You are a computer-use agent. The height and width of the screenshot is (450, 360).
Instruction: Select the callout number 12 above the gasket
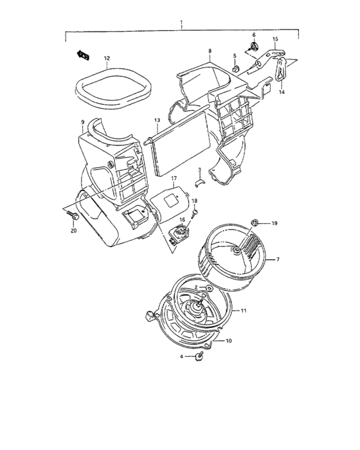click(107, 58)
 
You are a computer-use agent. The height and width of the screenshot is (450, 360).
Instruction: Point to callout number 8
click(210, 50)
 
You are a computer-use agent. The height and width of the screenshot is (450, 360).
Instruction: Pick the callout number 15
click(275, 40)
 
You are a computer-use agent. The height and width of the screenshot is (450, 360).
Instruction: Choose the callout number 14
click(281, 92)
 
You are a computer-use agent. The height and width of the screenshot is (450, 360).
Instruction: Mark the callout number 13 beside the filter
click(156, 120)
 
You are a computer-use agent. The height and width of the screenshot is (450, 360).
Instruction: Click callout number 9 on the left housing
click(82, 122)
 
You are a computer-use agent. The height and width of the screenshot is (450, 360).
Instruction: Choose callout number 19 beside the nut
click(273, 223)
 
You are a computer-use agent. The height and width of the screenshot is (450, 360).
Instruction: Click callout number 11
click(244, 310)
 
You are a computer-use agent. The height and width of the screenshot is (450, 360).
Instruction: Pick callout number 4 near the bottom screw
click(181, 355)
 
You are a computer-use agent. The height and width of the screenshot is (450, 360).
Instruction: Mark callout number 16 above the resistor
click(182, 219)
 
